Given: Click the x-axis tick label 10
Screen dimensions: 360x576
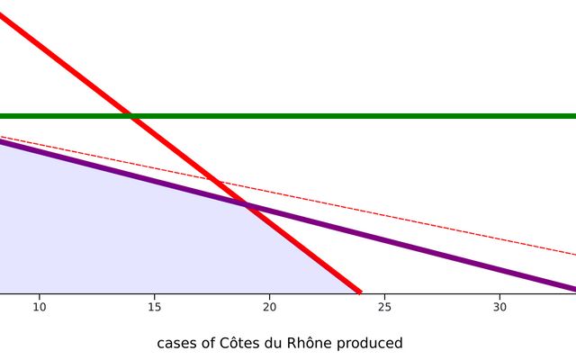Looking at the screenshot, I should point(39,307).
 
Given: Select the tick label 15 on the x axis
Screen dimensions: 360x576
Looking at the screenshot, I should point(154,307).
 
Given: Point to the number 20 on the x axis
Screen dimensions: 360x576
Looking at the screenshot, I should point(269,307).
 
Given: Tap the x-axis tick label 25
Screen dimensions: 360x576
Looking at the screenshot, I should point(384,307).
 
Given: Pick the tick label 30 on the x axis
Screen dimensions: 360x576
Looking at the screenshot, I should point(499,307).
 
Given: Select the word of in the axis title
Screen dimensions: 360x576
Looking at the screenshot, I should point(210,344).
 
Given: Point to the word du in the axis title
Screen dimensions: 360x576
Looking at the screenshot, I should point(277,344).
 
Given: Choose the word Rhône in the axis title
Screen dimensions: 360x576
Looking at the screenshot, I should point(314,344).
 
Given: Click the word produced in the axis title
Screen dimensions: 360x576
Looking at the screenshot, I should point(373,344).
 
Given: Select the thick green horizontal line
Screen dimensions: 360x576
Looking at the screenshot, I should point(405,116).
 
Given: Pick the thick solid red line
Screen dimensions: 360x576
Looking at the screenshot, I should point(72,70).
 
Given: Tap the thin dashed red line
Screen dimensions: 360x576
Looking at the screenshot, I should point(450,229).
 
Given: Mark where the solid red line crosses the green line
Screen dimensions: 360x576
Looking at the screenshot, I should point(131,116).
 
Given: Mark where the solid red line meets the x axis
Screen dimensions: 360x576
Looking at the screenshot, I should point(359,292).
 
